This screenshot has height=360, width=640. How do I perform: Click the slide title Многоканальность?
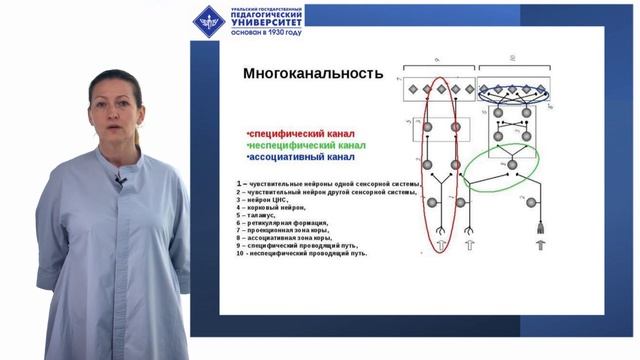point(314,73)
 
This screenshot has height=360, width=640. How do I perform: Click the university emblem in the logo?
point(209,19)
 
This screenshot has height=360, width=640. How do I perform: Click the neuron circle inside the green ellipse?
point(512,163)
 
